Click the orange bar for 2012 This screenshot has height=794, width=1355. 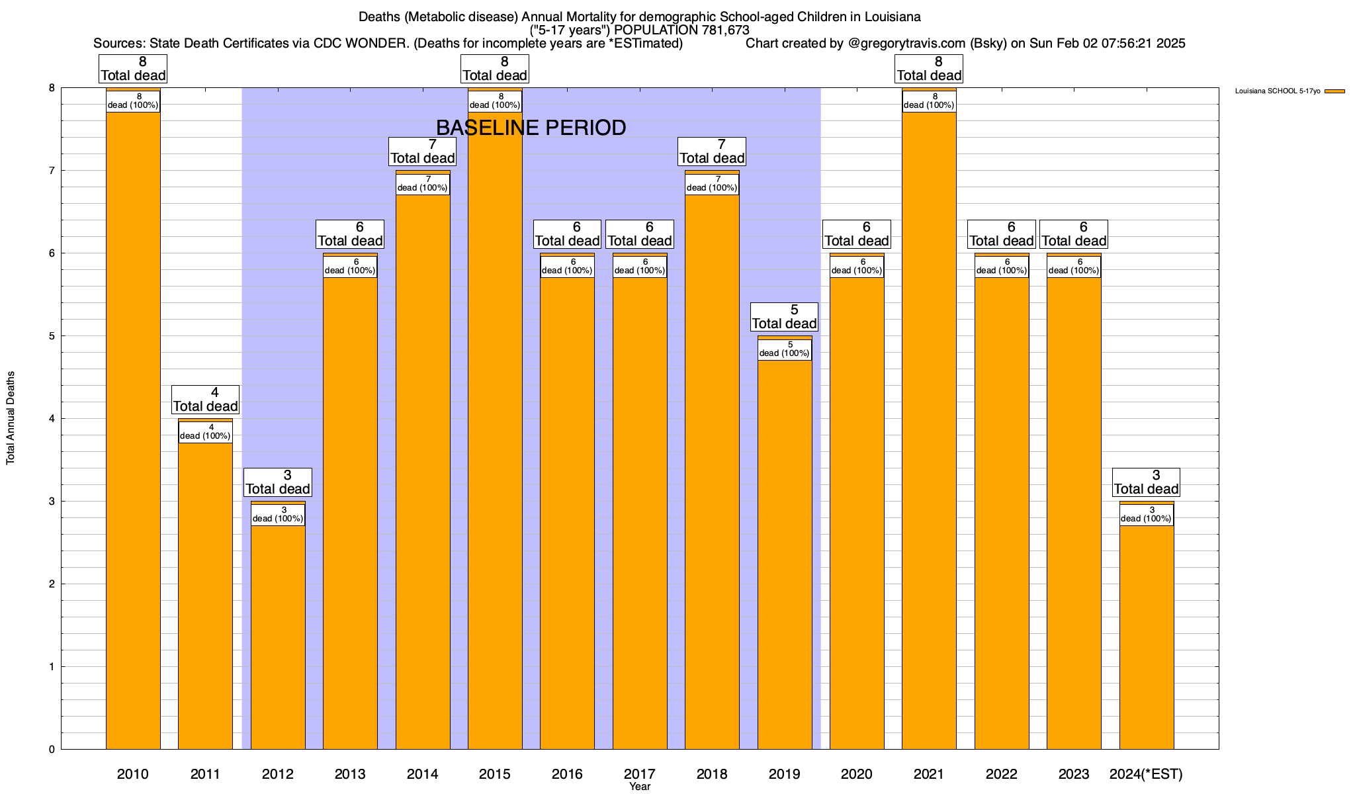click(278, 635)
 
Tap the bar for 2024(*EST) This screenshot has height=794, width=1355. click(1147, 635)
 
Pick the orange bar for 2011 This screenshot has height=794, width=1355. click(205, 595)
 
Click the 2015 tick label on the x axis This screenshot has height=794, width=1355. click(495, 773)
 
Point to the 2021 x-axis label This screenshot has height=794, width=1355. click(929, 773)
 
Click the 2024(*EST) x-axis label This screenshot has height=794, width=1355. click(1146, 773)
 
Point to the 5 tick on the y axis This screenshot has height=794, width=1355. click(51, 336)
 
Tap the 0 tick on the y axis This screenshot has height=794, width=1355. click(51, 750)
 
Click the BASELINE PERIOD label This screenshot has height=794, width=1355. click(531, 128)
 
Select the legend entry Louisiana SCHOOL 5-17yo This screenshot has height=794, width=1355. click(1278, 91)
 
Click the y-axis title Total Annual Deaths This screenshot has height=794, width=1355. click(11, 418)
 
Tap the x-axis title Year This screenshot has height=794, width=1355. click(640, 787)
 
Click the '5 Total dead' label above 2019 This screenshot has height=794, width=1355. click(785, 317)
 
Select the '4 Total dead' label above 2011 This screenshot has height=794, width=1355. click(205, 400)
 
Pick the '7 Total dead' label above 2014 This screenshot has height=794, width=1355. click(423, 152)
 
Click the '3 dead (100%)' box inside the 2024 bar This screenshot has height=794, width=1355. click(1147, 515)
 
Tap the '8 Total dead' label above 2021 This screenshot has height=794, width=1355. click(929, 69)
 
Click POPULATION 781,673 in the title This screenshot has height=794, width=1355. click(681, 30)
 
